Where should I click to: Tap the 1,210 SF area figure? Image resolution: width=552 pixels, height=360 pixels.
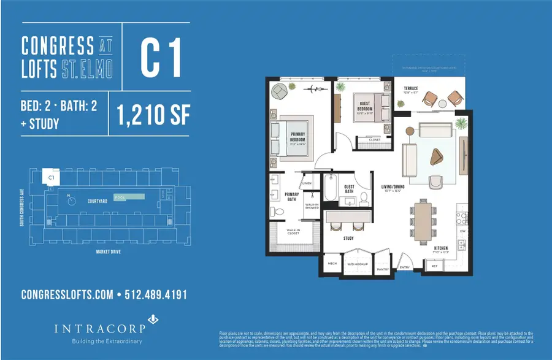(x=151, y=114)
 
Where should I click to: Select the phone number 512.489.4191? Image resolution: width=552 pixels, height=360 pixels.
(x=155, y=296)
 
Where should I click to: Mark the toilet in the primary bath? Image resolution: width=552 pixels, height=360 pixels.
(x=277, y=211)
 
